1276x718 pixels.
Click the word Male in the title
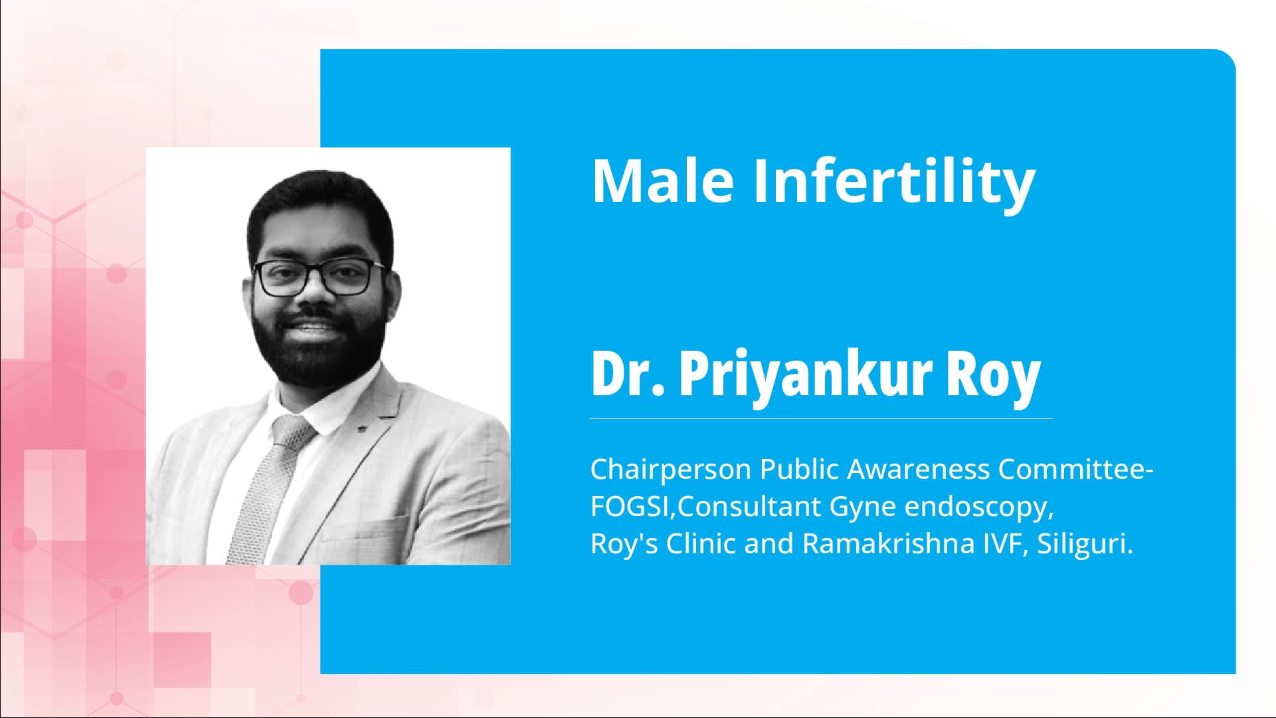(x=662, y=181)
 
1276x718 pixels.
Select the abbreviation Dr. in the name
(x=628, y=373)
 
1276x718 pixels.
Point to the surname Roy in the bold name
(x=992, y=375)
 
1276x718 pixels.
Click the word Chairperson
(x=670, y=470)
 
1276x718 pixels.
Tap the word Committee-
(x=1075, y=470)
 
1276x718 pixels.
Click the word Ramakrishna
(x=888, y=544)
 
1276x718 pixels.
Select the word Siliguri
(x=1084, y=545)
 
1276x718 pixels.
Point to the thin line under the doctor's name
(x=820, y=419)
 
